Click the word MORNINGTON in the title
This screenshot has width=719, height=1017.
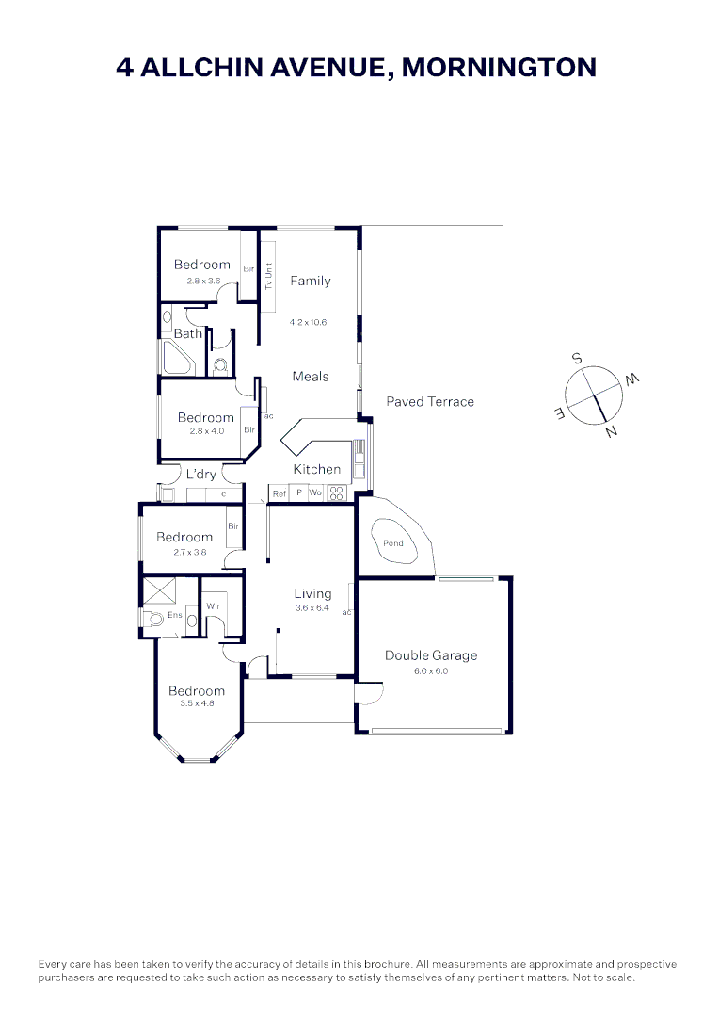(x=499, y=68)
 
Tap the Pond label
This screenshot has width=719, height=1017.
(x=393, y=543)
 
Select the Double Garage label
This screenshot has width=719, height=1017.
(x=431, y=655)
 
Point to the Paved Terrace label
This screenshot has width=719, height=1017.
(x=430, y=401)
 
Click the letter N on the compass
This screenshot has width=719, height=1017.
(x=613, y=432)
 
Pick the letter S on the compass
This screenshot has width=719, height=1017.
(x=577, y=359)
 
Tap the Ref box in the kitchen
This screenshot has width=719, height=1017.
(x=279, y=493)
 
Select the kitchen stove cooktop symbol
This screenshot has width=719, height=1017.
(x=336, y=492)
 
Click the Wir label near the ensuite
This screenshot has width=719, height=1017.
(x=213, y=605)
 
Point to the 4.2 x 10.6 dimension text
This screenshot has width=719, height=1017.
(x=310, y=321)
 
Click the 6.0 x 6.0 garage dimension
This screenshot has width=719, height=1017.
(x=431, y=671)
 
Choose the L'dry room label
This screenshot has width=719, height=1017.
(x=200, y=474)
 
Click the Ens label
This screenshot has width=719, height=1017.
(x=174, y=615)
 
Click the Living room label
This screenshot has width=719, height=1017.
(x=312, y=593)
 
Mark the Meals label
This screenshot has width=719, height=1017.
(x=311, y=377)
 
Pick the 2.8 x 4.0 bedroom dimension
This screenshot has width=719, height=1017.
(x=205, y=431)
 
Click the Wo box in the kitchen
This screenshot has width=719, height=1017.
(x=315, y=493)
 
